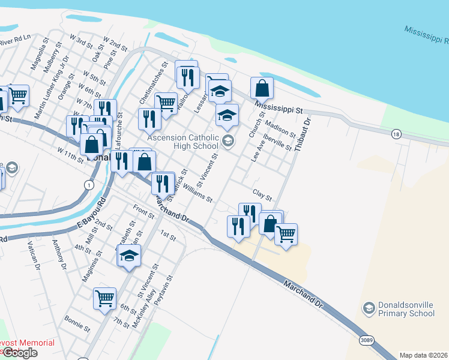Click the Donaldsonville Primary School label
point(399,309)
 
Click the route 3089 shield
point(367,340)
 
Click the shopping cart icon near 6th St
point(105,297)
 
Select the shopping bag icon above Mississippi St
point(262,88)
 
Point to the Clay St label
point(262,196)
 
